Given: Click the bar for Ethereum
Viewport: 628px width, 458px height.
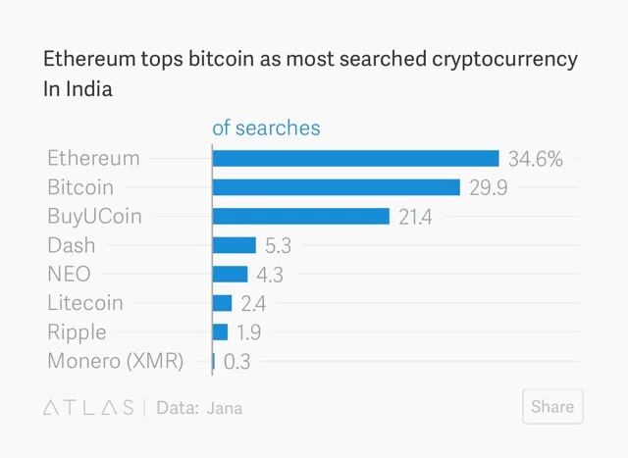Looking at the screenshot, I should [x=356, y=158].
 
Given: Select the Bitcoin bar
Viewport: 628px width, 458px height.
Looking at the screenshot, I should [x=337, y=187].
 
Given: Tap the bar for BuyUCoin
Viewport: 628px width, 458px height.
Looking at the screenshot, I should [x=301, y=216].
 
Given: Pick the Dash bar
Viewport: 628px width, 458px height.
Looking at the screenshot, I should [x=235, y=245].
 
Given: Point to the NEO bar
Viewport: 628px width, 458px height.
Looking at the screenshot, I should [x=231, y=274].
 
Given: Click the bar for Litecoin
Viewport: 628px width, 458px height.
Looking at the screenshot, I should [x=223, y=303].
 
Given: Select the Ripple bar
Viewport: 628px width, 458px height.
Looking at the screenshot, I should [x=221, y=331].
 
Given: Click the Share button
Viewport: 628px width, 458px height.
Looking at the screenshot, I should [x=552, y=407].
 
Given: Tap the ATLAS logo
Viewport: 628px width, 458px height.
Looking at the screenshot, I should [x=88, y=408].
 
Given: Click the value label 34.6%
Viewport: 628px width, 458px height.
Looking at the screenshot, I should [x=536, y=159].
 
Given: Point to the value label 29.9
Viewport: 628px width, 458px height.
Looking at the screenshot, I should [x=488, y=187].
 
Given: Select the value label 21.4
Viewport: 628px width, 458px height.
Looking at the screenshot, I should [x=415, y=217].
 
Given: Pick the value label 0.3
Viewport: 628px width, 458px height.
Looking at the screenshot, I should [x=237, y=362].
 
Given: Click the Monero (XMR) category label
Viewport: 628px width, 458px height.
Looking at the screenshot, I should [x=115, y=361].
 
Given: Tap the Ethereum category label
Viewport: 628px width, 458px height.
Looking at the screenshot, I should [x=93, y=158].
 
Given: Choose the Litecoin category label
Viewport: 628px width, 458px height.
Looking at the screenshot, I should [x=85, y=303].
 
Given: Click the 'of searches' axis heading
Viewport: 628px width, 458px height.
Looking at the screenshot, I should [x=266, y=128].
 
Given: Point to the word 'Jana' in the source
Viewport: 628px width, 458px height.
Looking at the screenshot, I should [x=224, y=408].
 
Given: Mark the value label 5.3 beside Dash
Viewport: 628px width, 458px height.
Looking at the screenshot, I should [x=279, y=246].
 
